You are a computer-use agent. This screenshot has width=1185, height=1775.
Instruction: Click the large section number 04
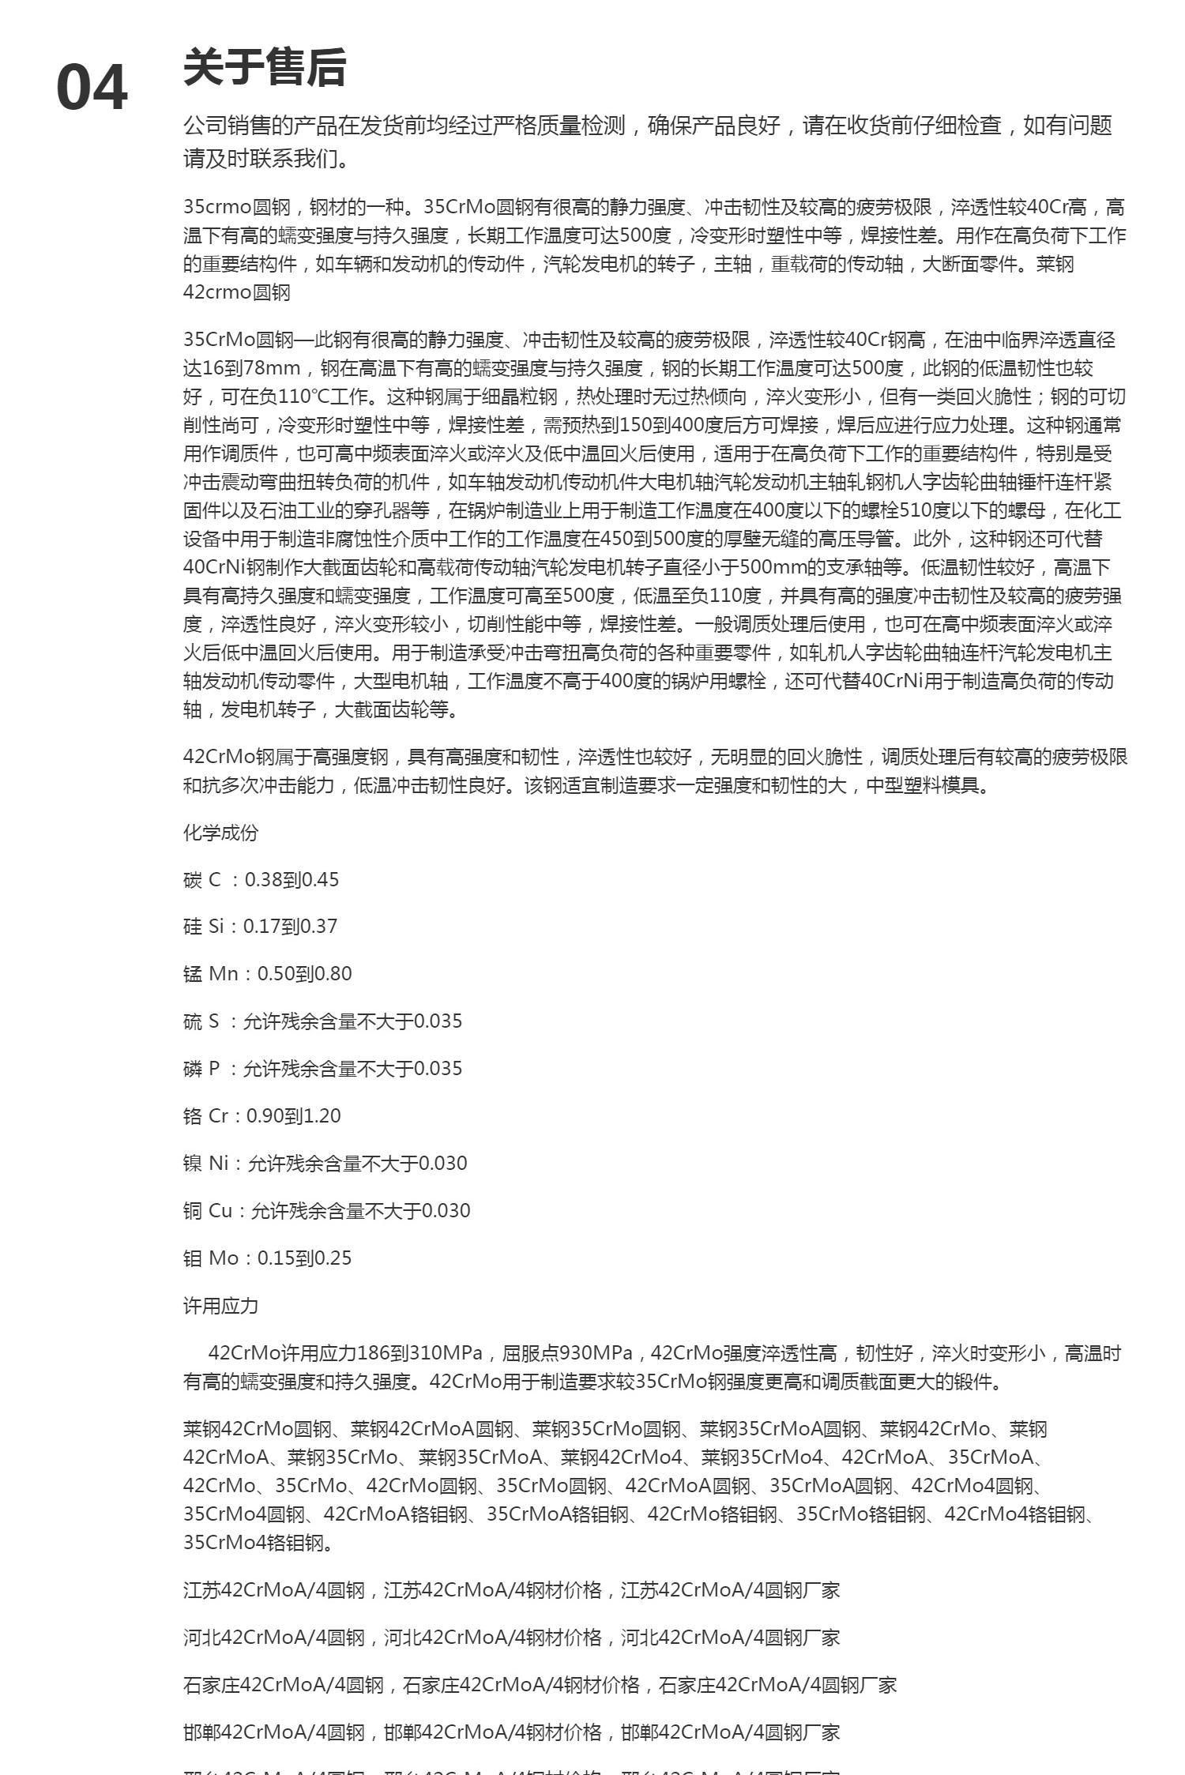tap(92, 87)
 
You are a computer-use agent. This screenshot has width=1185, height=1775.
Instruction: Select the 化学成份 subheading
tap(220, 833)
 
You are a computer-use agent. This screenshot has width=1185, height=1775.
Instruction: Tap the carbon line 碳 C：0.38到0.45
tap(261, 879)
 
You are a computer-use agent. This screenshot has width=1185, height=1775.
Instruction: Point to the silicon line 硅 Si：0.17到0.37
tap(260, 926)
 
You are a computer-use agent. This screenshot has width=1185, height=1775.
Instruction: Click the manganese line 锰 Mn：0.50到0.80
tap(267, 973)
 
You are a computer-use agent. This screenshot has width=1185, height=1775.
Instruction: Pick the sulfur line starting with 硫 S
tap(322, 1021)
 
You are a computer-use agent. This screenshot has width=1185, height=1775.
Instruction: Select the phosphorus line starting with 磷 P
tap(322, 1068)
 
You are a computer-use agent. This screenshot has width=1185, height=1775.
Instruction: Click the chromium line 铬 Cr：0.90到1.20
tap(261, 1115)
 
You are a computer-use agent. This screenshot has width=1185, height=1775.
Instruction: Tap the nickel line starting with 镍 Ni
tap(325, 1163)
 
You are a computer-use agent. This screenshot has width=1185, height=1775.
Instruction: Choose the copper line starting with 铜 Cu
tap(326, 1210)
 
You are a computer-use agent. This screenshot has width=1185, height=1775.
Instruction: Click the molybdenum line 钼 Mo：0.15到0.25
tap(267, 1258)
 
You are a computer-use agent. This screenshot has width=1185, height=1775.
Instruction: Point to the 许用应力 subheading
tap(220, 1306)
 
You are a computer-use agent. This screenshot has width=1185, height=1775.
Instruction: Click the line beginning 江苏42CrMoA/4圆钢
tap(511, 1589)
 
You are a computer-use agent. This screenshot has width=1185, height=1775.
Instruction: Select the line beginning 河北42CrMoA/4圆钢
tap(511, 1637)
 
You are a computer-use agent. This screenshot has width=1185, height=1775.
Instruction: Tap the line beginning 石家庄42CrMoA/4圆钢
tap(540, 1685)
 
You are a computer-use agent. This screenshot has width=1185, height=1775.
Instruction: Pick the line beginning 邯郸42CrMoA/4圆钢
tap(511, 1732)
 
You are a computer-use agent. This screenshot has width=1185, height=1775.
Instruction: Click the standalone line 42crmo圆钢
tap(237, 292)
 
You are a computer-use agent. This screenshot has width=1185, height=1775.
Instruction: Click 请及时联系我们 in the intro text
tap(265, 159)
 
